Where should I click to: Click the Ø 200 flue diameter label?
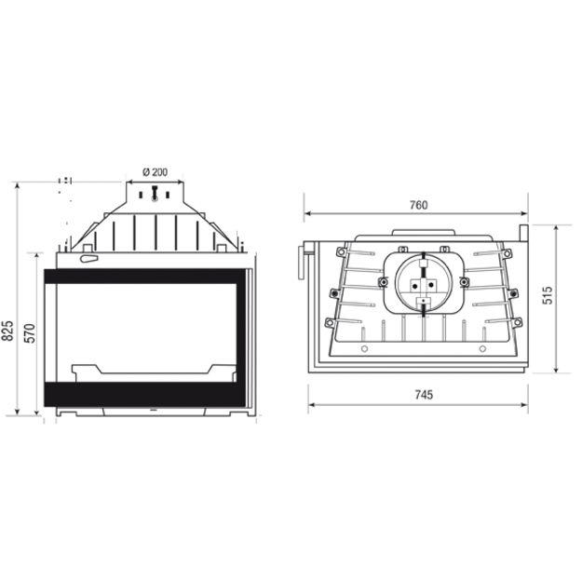[155, 172]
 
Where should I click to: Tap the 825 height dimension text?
[8, 331]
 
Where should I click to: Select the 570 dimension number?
[30, 333]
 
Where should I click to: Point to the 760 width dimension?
[419, 205]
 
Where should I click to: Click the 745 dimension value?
[424, 395]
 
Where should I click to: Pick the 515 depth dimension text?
[548, 295]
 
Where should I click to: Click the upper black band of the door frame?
[144, 277]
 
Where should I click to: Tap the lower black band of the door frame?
[144, 394]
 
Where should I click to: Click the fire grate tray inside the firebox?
[154, 372]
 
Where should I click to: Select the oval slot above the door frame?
[89, 259]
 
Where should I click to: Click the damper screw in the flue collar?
[155, 194]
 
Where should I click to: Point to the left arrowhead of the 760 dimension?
[307, 213]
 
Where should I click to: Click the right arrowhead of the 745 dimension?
[524, 404]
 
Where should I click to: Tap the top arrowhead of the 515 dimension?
[556, 228]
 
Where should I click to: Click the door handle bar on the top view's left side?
[300, 263]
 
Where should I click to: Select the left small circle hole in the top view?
[364, 349]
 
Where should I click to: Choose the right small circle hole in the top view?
[482, 349]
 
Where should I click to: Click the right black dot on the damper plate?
[431, 285]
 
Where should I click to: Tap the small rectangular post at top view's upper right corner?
[523, 233]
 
